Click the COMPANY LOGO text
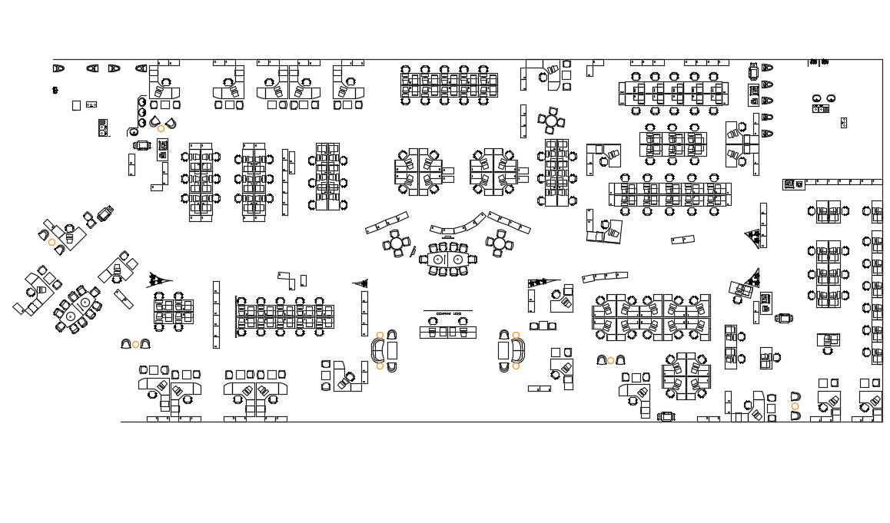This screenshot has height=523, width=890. (448, 314)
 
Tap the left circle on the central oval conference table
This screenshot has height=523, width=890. (439, 260)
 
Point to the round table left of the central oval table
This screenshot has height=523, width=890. (397, 244)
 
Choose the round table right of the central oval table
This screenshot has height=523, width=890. (499, 243)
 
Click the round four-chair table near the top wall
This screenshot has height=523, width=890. (551, 121)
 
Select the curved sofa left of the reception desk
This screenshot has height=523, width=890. (378, 351)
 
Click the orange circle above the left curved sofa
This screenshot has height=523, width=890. (380, 335)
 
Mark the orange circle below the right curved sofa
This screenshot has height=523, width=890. (516, 366)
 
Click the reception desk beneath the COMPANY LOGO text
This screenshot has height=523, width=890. (447, 333)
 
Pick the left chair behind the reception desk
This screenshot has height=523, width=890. (432, 333)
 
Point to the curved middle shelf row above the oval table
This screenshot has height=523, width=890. (459, 226)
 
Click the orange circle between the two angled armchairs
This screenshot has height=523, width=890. (161, 128)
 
